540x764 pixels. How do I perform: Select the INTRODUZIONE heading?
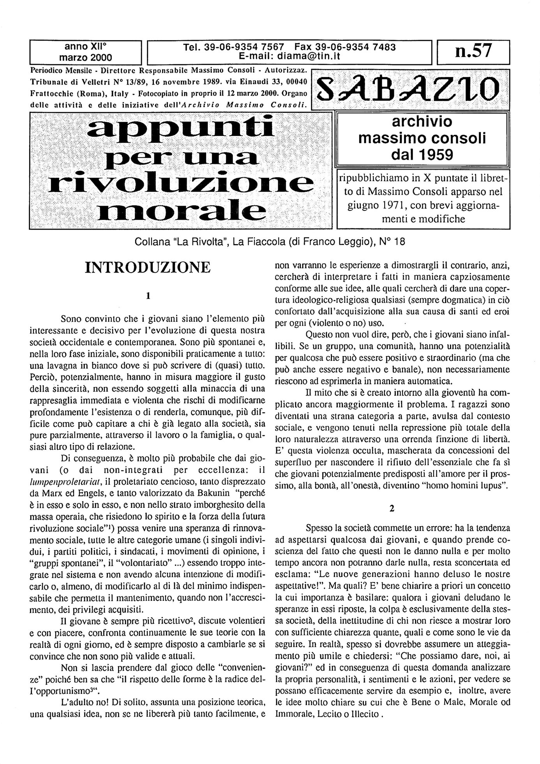(148, 267)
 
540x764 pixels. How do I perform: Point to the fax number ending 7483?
(345, 47)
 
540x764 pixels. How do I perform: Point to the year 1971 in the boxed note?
(397, 206)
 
